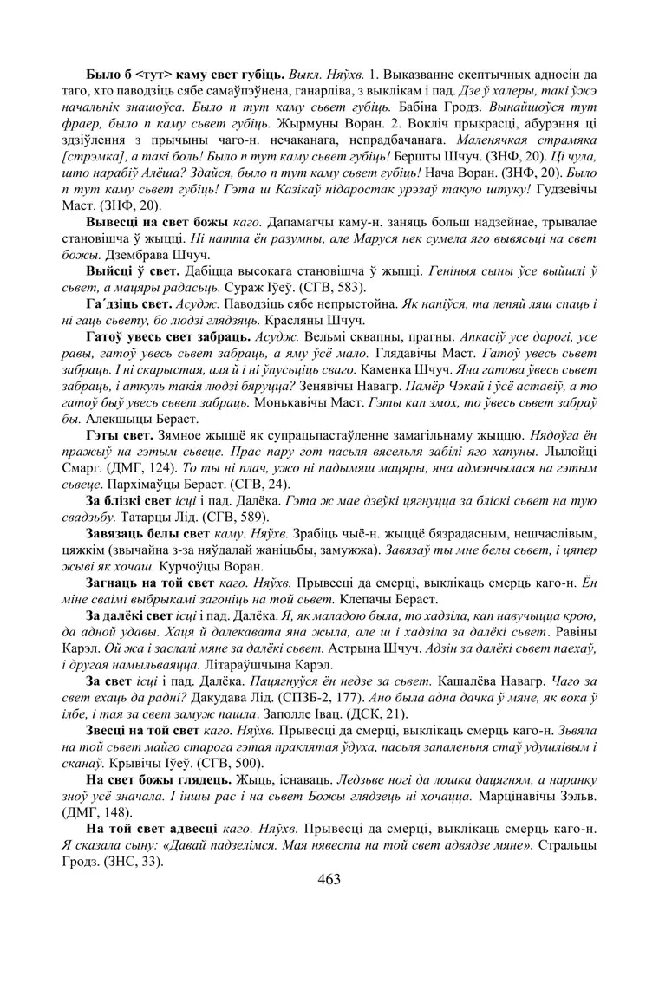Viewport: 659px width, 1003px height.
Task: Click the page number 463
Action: (x=329, y=879)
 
